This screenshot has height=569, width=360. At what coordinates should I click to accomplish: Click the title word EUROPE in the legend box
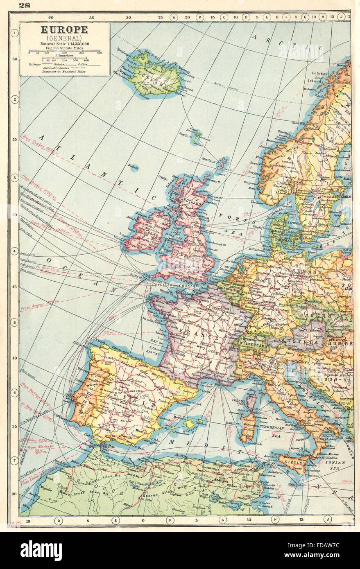(63, 29)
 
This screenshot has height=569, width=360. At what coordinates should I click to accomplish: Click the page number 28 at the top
(24, 5)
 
